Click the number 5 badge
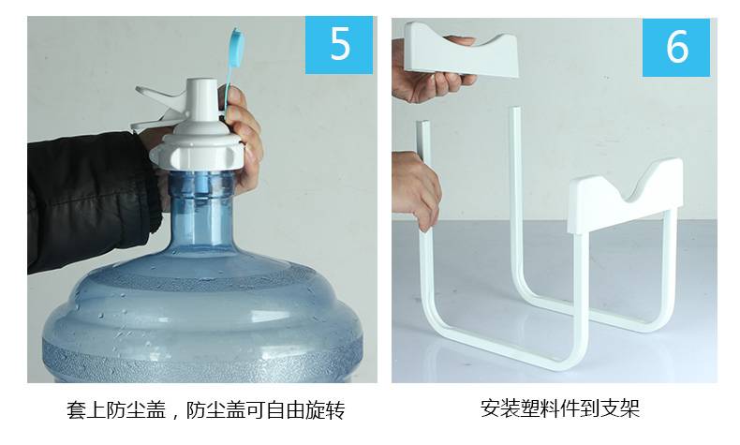pos(339,45)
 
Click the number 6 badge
pos(675,47)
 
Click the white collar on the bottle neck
pos(197,151)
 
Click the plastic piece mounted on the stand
pos(626,196)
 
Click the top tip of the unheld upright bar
pos(516,109)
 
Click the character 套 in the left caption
pos(76,409)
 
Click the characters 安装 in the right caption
pos(500,408)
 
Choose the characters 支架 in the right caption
pos(620,408)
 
